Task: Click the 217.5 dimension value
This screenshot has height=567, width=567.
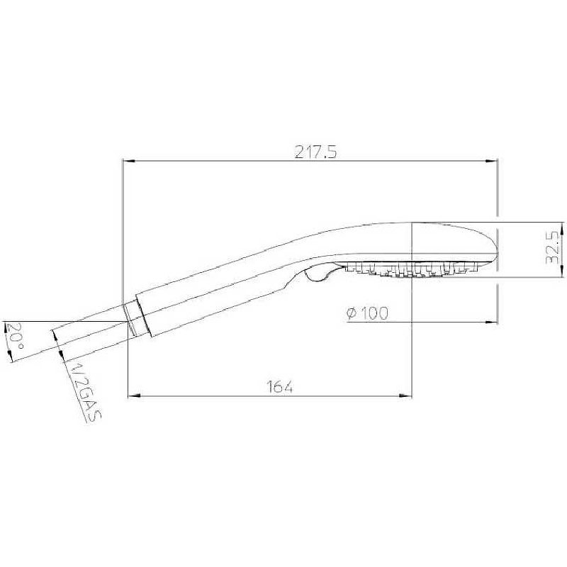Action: (x=315, y=152)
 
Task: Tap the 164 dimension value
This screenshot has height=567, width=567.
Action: (x=280, y=387)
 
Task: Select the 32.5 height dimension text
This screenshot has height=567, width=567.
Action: (x=553, y=248)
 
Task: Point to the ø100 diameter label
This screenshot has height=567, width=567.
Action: (x=367, y=313)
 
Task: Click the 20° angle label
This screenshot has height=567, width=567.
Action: (x=14, y=335)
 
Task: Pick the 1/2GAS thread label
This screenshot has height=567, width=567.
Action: (x=84, y=392)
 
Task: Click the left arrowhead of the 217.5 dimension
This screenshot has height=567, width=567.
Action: (x=129, y=161)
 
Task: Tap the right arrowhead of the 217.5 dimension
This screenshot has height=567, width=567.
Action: (x=491, y=161)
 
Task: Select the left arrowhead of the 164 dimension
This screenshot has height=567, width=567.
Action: (x=134, y=396)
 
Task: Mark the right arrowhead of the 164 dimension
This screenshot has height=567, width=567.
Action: (x=405, y=396)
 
